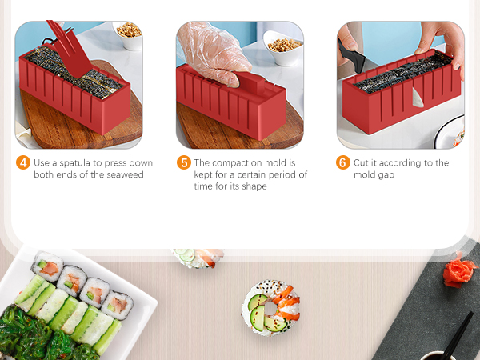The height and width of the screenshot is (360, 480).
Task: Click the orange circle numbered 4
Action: pyautogui.click(x=24, y=162)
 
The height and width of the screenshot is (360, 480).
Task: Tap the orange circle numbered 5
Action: pyautogui.click(x=184, y=162)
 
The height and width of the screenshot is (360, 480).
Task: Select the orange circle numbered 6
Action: pyautogui.click(x=343, y=162)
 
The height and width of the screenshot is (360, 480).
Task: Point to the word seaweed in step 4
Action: pyautogui.click(x=124, y=174)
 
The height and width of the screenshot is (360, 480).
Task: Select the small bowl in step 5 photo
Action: pyautogui.click(x=285, y=45)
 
